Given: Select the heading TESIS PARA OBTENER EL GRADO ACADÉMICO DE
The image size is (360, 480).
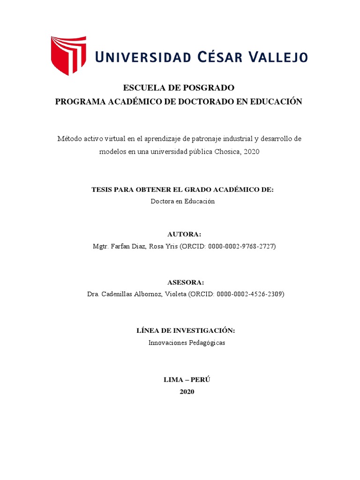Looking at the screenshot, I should pyautogui.click(x=182, y=189).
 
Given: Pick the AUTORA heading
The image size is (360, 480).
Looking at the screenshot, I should pyautogui.click(x=184, y=234).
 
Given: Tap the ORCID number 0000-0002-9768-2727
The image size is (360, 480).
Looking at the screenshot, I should pyautogui.click(x=243, y=247).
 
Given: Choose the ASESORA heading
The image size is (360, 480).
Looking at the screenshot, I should pyautogui.click(x=186, y=282).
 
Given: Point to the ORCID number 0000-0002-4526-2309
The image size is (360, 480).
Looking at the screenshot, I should pyautogui.click(x=249, y=294).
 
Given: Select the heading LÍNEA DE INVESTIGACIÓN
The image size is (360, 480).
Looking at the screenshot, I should pyautogui.click(x=186, y=330).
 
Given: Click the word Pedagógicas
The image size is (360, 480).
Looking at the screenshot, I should pyautogui.click(x=208, y=343).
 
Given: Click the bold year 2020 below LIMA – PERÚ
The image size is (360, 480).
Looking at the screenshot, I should pyautogui.click(x=187, y=391).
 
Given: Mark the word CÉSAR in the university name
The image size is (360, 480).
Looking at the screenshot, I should pyautogui.click(x=213, y=57).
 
